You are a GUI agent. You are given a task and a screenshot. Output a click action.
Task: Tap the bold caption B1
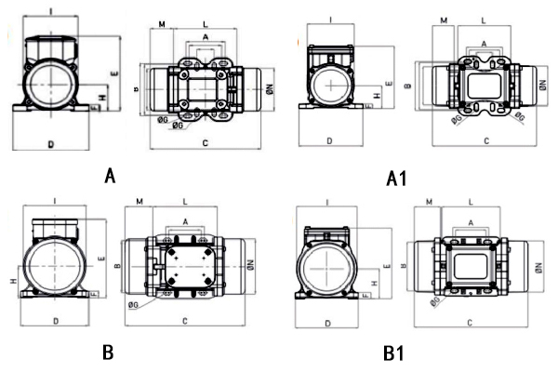(x=392, y=353)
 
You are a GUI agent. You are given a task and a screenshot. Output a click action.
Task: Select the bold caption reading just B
(x=108, y=352)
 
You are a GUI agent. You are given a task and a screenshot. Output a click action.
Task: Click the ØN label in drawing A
(x=268, y=89)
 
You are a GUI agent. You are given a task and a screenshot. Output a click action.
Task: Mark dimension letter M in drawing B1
(x=429, y=201)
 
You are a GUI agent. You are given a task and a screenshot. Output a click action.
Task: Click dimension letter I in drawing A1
(x=331, y=19)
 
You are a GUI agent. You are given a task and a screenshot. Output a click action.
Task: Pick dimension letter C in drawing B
(x=186, y=321)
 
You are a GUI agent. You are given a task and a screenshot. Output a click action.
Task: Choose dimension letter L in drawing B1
(x=471, y=201)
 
